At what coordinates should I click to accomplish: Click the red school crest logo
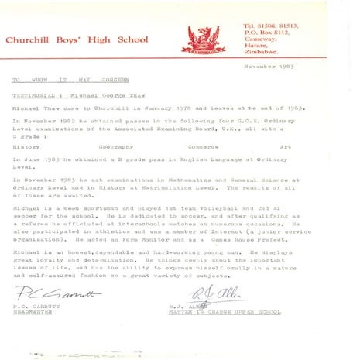click(203, 37)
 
